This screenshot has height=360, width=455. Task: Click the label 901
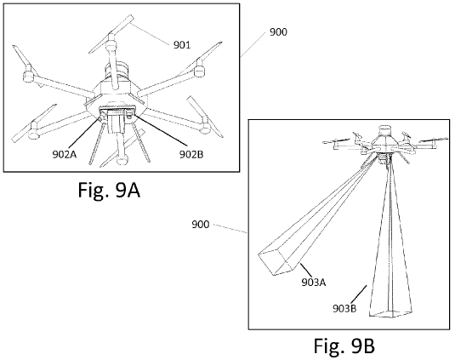(x=182, y=45)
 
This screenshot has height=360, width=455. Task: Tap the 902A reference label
(x=65, y=154)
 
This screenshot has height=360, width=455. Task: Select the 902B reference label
(x=191, y=154)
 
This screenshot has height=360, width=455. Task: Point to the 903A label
(x=314, y=282)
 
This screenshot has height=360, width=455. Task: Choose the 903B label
(x=344, y=308)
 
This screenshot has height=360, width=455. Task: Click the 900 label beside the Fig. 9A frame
(x=278, y=32)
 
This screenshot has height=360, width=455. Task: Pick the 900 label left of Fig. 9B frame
(x=200, y=225)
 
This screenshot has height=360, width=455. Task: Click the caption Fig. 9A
(x=109, y=191)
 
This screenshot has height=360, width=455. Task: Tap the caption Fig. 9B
(x=344, y=346)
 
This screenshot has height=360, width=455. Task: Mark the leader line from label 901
(x=150, y=35)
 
